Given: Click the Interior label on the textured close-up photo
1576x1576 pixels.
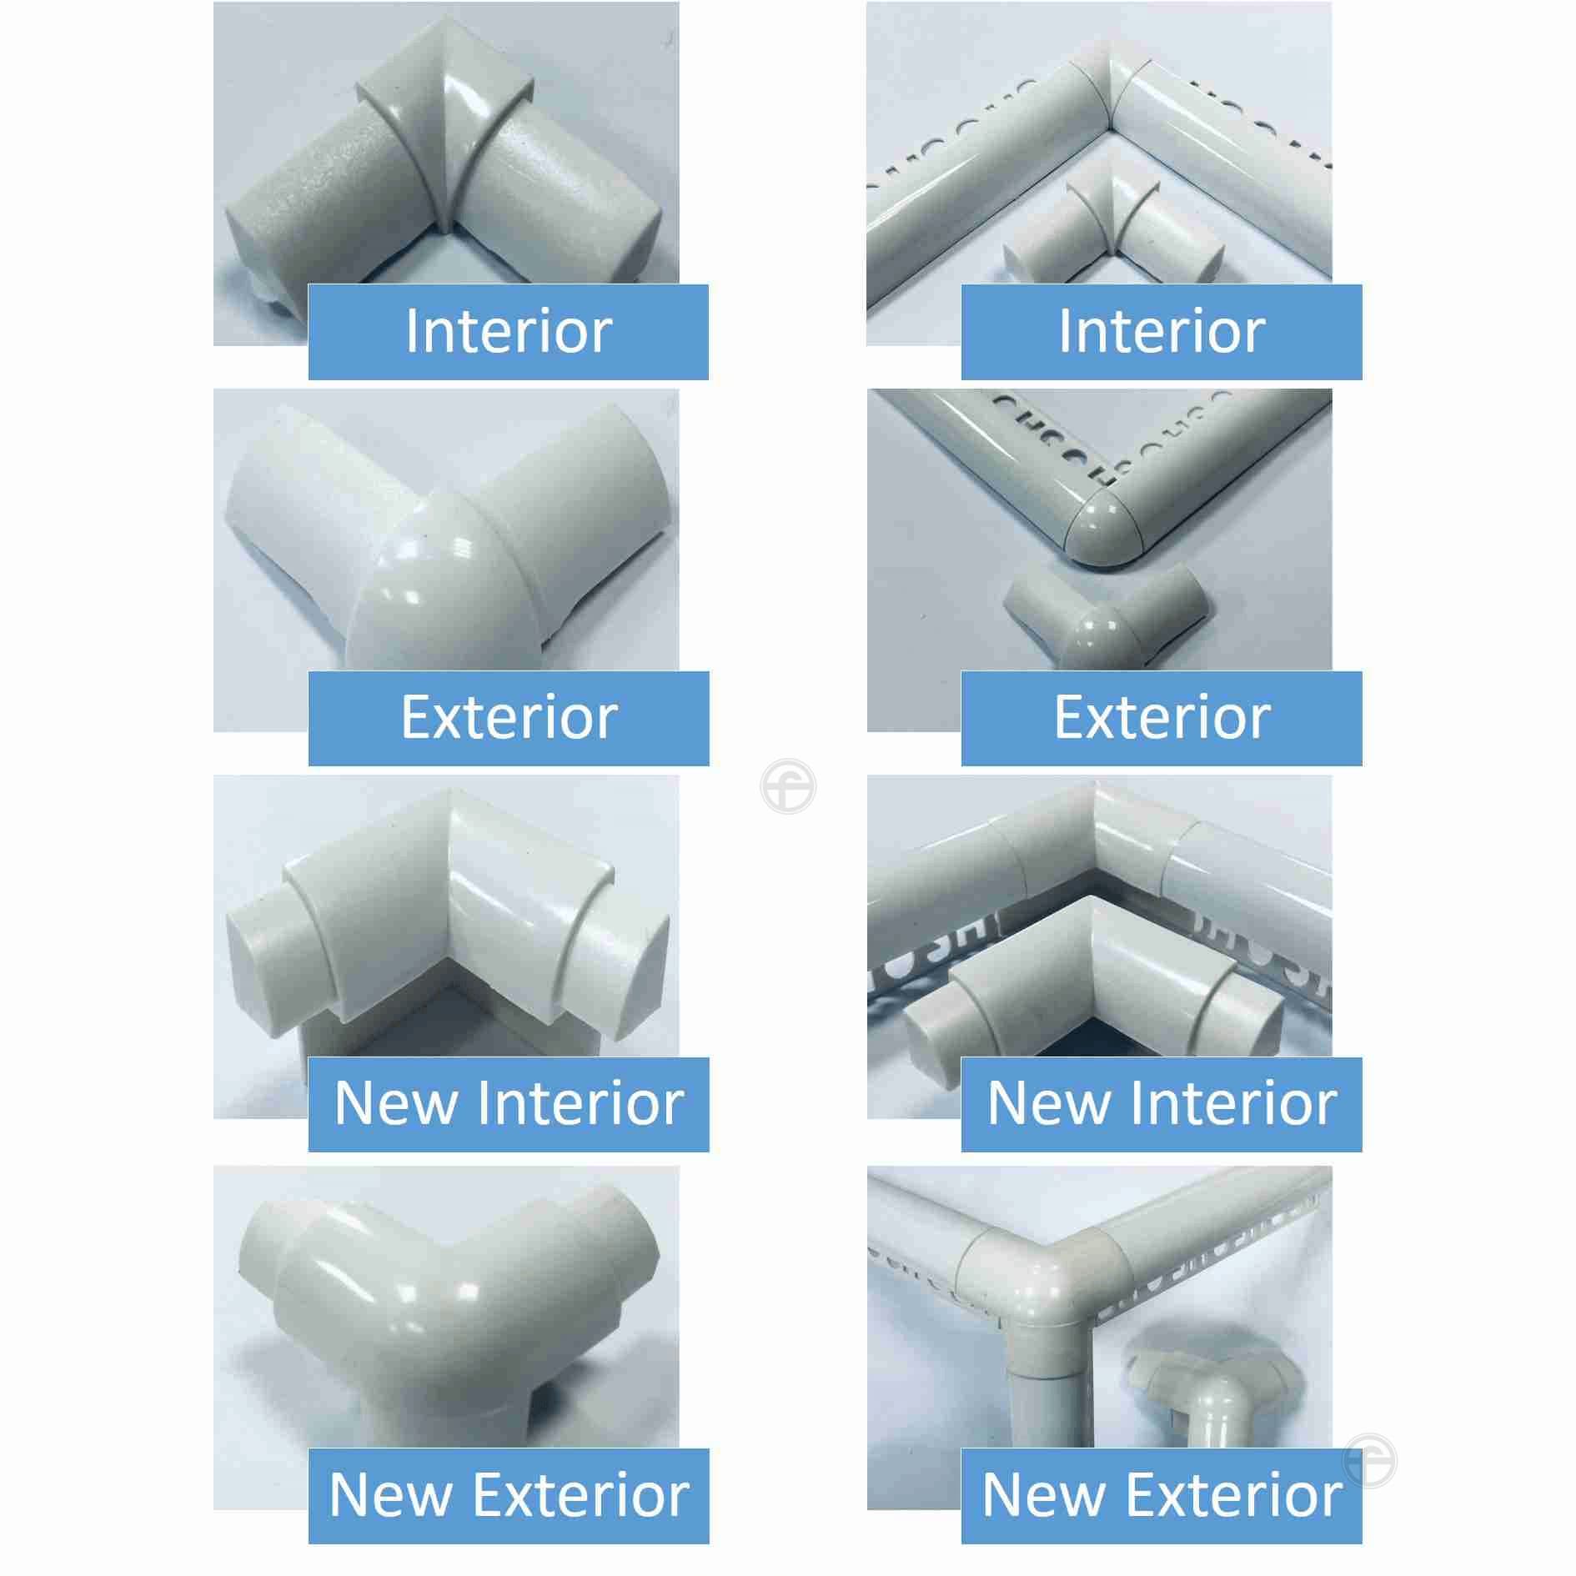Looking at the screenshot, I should click(508, 332).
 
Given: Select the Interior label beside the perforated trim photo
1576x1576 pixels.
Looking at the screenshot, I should click(1161, 332).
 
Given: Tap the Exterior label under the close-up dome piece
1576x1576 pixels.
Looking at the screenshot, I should click(509, 718).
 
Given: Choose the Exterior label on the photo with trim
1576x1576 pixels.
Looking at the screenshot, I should click(1161, 718).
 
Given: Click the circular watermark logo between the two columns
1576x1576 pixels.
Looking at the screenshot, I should click(788, 786).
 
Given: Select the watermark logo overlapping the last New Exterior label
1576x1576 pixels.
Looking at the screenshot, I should click(1370, 1460).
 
